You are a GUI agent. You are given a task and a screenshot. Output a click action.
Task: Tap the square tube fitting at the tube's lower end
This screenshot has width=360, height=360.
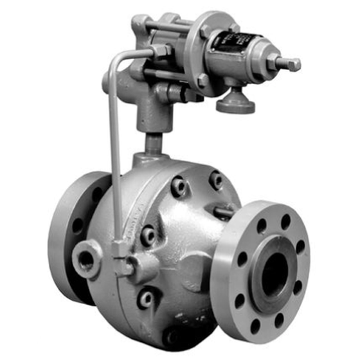point(120,249)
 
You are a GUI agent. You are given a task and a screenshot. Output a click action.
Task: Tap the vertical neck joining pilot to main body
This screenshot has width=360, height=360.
point(153,138)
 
